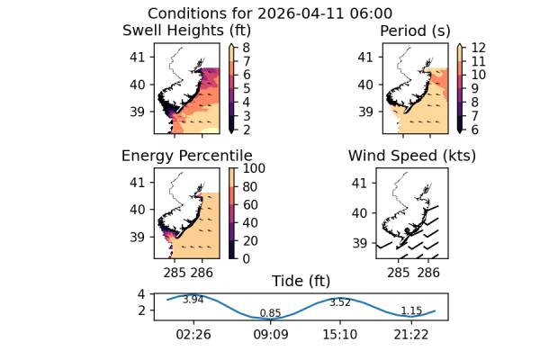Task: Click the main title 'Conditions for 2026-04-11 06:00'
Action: point(269,13)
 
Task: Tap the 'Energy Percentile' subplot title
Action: point(186,156)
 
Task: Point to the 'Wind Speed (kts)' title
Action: point(411,156)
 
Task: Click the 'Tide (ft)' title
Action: point(301,281)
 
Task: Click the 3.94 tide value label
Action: point(193,300)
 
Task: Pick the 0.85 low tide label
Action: point(270,313)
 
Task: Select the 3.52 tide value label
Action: point(339,302)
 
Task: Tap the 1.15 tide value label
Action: point(410,311)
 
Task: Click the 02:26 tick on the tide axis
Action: point(193,334)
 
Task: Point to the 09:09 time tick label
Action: point(270,334)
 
